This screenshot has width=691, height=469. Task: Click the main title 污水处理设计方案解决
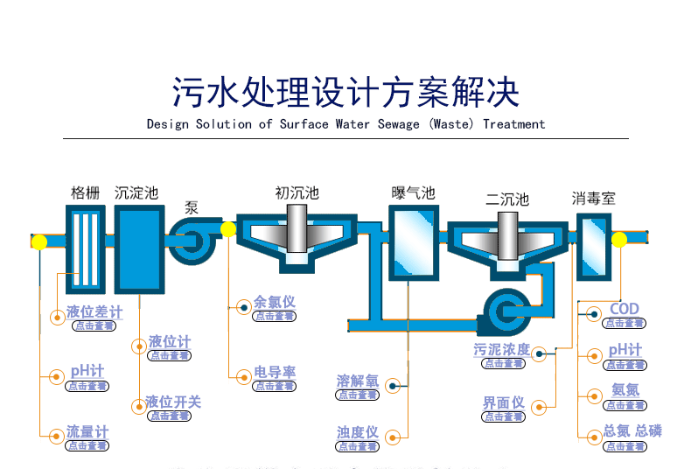(345, 91)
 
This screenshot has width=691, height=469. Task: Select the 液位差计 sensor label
(94, 311)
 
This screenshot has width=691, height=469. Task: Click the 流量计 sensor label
(87, 432)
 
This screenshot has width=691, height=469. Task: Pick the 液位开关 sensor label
(172, 402)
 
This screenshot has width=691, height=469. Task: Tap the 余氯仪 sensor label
(275, 302)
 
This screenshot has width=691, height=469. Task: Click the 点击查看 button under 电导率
(275, 386)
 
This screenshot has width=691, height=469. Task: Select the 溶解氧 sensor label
(358, 381)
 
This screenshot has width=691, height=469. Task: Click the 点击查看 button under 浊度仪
(358, 446)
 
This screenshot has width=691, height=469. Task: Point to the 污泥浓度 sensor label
(501, 350)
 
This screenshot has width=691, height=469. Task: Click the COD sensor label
(625, 309)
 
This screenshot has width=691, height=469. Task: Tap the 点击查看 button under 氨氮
(625, 405)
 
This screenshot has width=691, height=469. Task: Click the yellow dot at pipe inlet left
(39, 241)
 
